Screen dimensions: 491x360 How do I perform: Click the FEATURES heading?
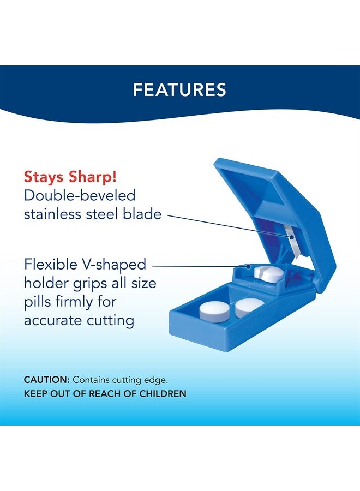point(179,89)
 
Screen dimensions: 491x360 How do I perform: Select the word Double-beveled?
point(79,195)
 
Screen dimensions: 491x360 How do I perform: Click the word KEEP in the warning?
point(35,393)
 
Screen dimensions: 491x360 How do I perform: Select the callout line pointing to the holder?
point(199,266)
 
